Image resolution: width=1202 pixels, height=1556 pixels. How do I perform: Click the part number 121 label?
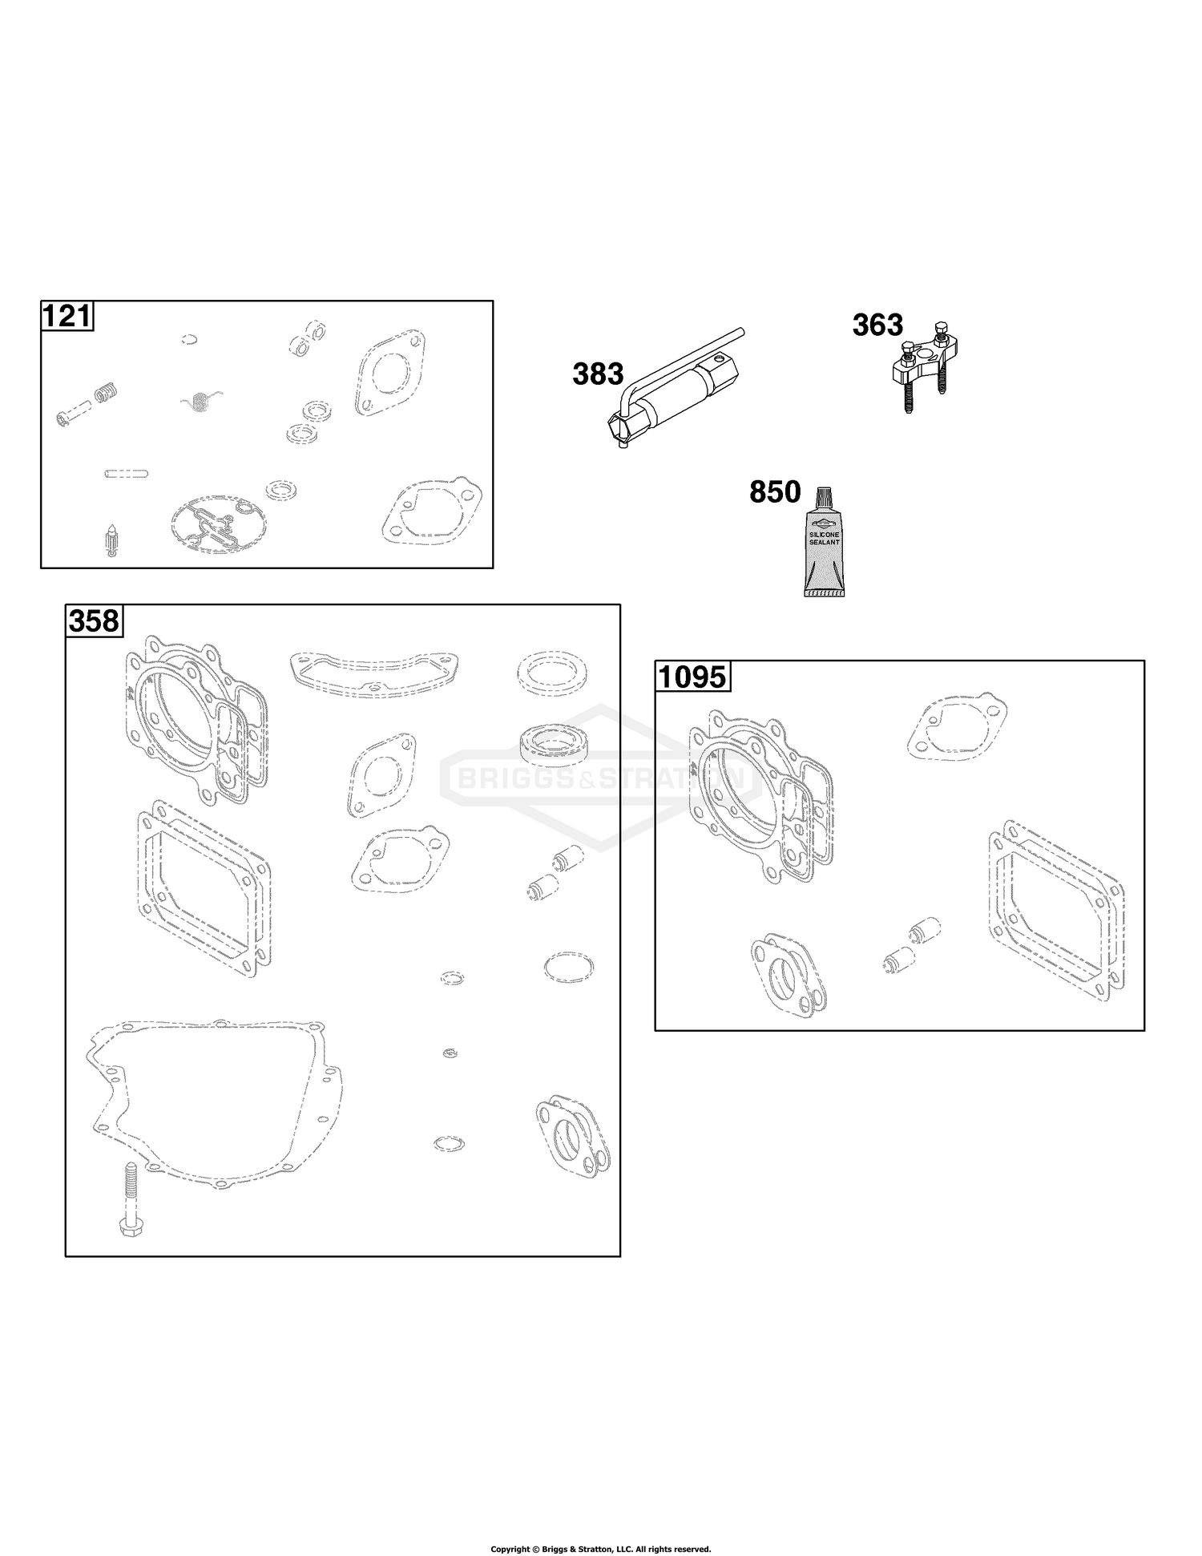67,316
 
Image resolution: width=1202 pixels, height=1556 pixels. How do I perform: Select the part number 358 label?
95,620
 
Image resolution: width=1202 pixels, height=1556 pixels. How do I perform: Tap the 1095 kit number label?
692,677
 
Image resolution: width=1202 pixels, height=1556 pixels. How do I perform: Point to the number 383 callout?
598,374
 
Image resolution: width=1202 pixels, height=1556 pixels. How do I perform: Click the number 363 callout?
877,325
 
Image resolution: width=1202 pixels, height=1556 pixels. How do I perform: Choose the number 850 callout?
775,492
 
